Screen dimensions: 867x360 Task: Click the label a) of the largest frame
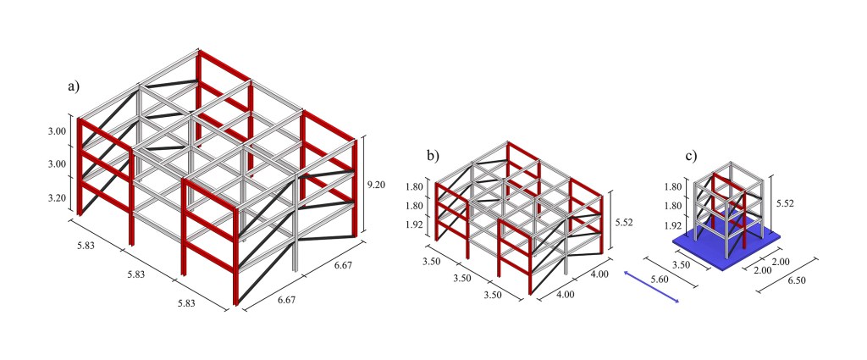74,86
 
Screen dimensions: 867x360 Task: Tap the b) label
433,155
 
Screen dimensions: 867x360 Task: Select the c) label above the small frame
691,155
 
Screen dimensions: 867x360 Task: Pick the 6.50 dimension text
796,280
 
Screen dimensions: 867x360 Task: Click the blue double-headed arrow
651,287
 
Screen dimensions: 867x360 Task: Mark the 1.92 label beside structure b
417,225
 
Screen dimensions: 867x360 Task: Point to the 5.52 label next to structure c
785,203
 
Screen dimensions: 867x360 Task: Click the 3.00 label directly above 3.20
57,164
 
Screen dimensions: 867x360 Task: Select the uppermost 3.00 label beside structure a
57,131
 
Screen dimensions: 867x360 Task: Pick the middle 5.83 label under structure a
136,274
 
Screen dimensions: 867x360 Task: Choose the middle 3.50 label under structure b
462,278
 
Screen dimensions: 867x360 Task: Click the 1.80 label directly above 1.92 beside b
417,206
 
